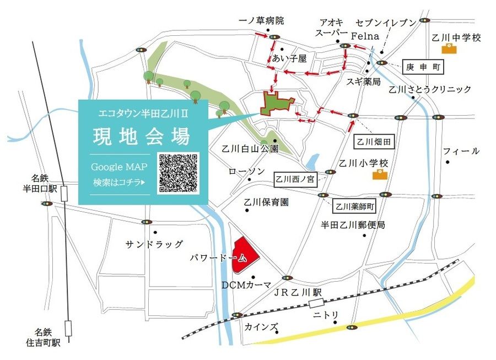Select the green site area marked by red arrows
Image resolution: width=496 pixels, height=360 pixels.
point(278,104)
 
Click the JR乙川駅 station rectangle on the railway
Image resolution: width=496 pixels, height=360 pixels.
point(316,303)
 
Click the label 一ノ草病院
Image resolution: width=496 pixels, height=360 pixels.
point(261,21)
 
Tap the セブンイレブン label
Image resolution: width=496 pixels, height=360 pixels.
point(385,23)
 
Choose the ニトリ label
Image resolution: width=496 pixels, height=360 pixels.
point(326,315)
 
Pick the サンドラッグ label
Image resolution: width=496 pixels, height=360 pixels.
point(154,244)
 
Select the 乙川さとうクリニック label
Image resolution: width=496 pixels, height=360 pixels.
point(430,89)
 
